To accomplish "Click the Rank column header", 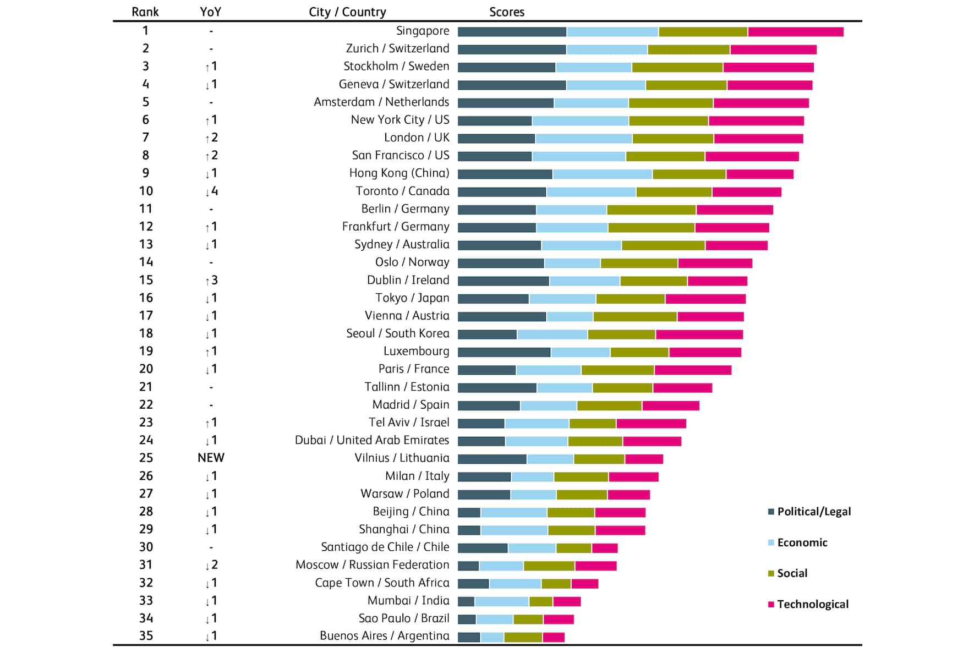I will point(145,12).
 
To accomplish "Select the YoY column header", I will point(211,12).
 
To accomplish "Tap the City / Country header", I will point(347,12).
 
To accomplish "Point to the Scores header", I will point(507,12).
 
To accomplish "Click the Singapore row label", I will point(423,31).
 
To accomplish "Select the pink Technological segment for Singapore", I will point(796,32).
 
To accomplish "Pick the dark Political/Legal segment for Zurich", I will point(512,50).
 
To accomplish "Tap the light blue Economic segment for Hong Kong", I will point(603,174).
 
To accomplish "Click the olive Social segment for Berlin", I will point(652,210).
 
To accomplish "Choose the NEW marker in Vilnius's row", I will point(211,458).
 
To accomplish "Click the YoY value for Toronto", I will point(211,191).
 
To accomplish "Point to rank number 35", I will point(146,636).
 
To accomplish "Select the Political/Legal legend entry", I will point(809,512).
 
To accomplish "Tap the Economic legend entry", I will point(798,542).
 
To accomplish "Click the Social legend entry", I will point(788,573).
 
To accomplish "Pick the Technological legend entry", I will point(808,604).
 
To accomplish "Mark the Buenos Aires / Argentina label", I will point(384,636).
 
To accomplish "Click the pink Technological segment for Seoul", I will point(699,335).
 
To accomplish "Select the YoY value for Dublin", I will point(211,281).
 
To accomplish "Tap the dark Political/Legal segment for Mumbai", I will point(466,601).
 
